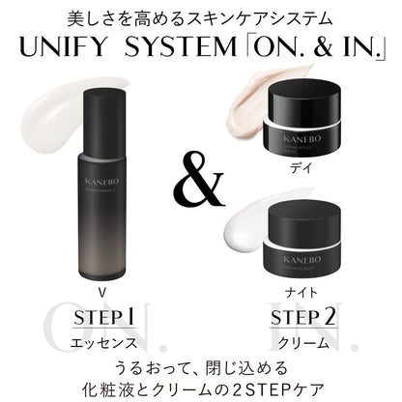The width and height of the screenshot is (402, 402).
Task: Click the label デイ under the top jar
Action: [x=306, y=166]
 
